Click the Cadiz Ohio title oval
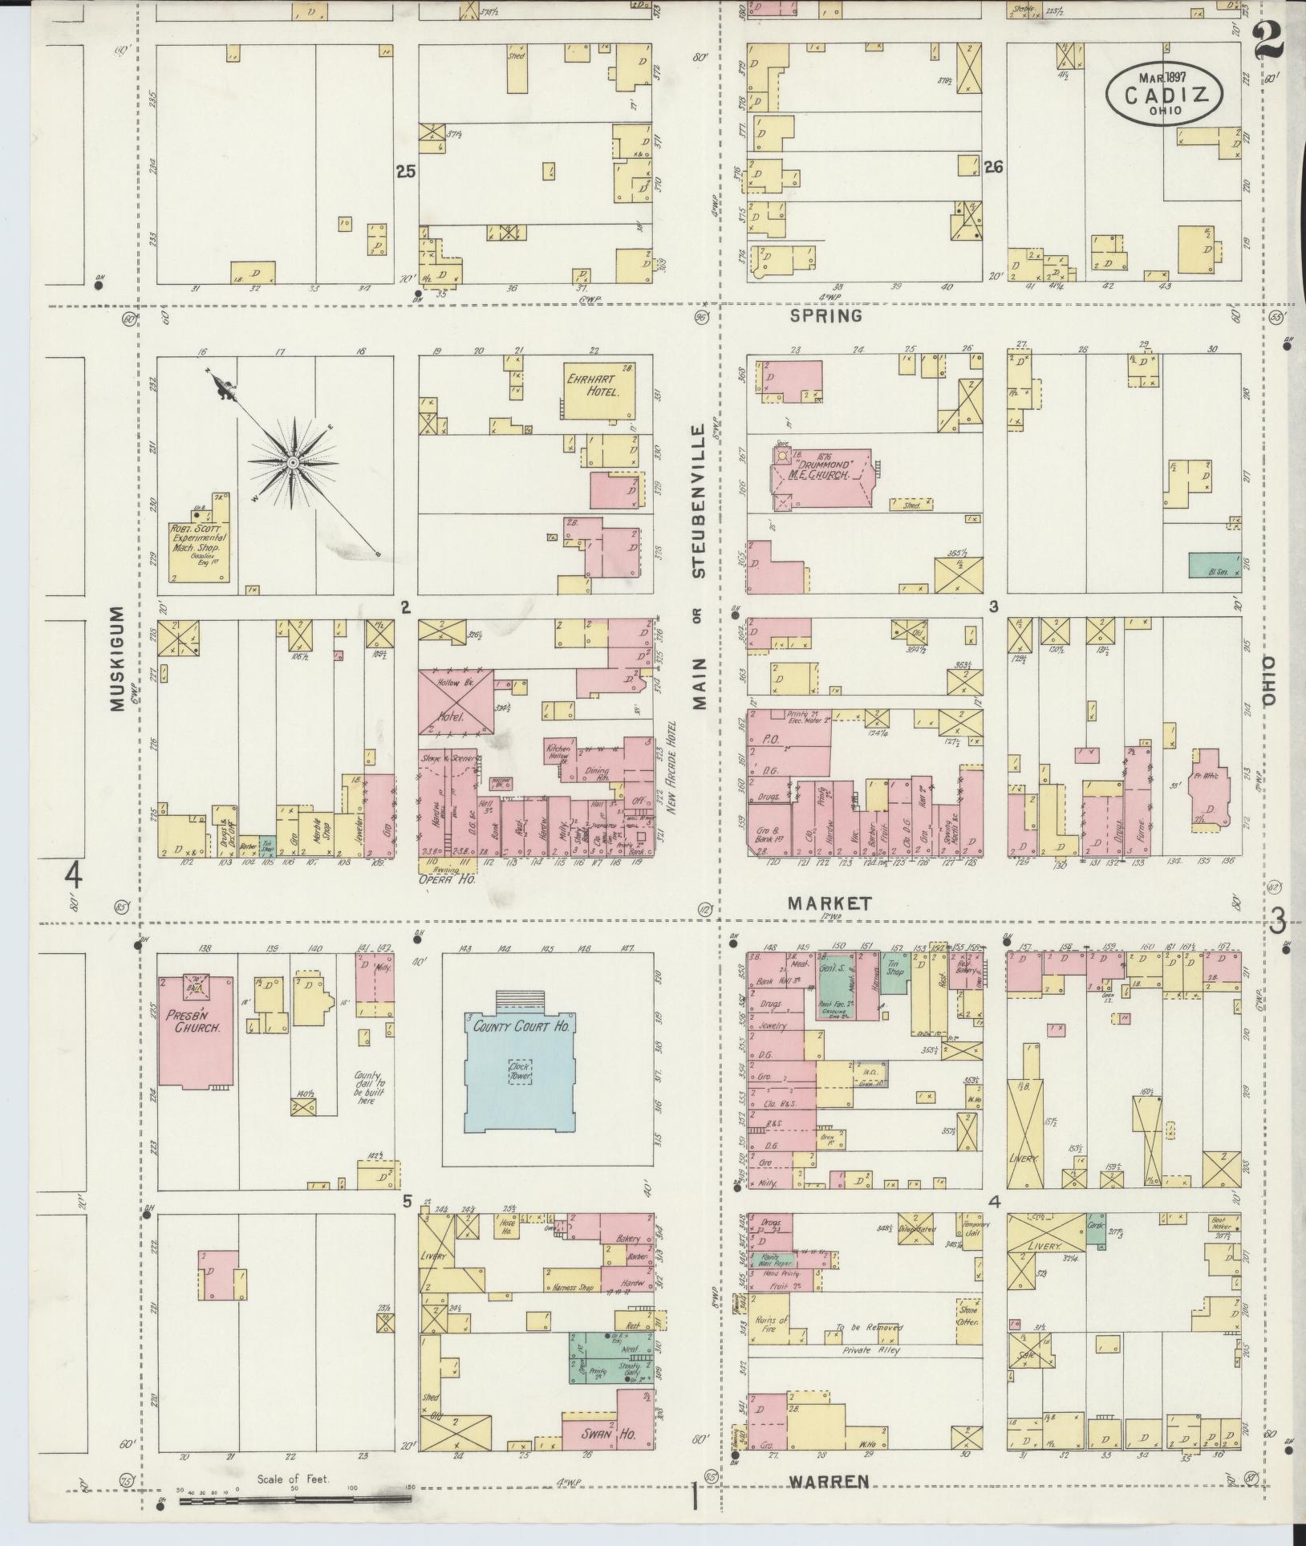click(1164, 95)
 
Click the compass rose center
click(294, 463)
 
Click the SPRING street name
click(825, 316)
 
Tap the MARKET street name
click(829, 903)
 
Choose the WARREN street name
click(829, 1482)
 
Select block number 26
click(993, 168)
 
